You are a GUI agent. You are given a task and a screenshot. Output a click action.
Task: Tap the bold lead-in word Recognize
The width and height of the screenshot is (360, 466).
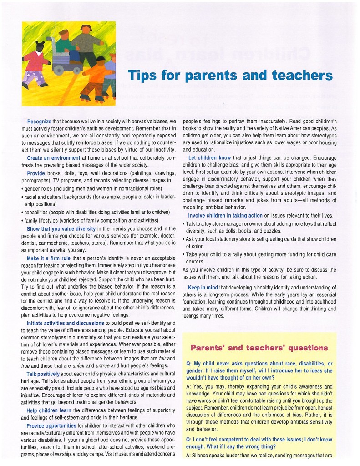pyautogui.click(x=39, y=122)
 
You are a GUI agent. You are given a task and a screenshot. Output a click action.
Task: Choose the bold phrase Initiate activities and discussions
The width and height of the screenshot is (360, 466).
pyautogui.click(x=65, y=324)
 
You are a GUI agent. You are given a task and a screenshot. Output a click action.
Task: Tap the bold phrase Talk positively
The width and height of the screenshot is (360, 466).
pyautogui.click(x=46, y=374)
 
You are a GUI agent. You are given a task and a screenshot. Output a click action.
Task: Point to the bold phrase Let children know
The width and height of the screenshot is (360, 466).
pyautogui.click(x=209, y=157)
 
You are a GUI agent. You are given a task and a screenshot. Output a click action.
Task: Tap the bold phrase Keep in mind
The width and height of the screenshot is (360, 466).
pyautogui.click(x=203, y=287)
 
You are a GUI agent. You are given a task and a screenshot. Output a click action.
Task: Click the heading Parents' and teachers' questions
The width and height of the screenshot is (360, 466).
pyautogui.click(x=259, y=348)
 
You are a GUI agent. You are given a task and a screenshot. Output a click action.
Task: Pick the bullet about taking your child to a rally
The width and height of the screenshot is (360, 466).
pyautogui.click(x=259, y=258)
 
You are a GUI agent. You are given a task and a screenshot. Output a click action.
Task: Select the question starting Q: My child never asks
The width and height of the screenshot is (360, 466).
pyautogui.click(x=259, y=370)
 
